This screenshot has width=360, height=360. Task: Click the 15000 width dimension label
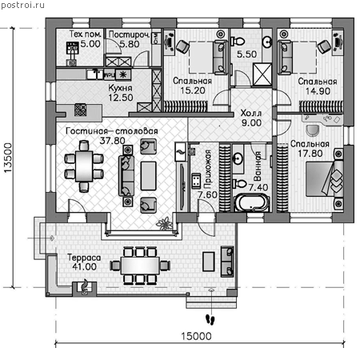pos(196,336)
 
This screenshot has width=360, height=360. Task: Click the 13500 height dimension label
pos(8,158)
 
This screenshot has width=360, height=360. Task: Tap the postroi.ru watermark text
pos(22,5)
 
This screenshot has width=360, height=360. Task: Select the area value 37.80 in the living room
pos(112,141)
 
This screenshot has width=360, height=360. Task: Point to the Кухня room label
pos(120,88)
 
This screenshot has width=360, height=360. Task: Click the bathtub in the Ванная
pos(252,203)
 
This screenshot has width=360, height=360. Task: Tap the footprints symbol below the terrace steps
pos(210,319)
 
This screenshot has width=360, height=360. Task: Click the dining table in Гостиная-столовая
pos(84,166)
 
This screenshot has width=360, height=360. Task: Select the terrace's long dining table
pos(140,266)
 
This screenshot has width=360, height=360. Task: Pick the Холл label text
pos(251,113)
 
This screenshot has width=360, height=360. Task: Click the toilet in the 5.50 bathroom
pos(238,42)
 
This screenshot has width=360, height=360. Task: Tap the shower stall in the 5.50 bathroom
pos(262,74)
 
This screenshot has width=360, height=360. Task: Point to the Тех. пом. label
pos(85,34)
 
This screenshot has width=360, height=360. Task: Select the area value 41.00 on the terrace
pos(84,266)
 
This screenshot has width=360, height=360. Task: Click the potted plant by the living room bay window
pos(164,224)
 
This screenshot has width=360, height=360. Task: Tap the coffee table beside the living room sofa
pos(148,176)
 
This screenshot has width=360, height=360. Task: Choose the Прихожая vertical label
pos(207,169)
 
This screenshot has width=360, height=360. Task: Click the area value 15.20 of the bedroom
pos(193,90)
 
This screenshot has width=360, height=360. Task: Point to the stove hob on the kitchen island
pos(80,110)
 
